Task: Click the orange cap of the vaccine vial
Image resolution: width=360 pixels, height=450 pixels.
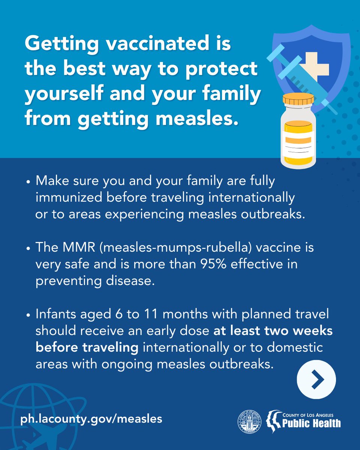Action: pos(298,99)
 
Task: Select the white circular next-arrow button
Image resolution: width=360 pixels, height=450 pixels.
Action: pos(316,379)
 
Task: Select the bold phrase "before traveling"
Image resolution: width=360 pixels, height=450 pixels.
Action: pos(87,347)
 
